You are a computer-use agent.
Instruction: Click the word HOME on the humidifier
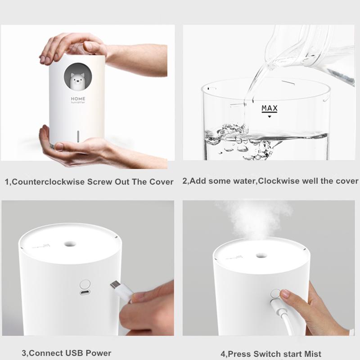[78, 99]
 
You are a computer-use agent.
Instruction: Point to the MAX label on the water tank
[270, 108]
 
